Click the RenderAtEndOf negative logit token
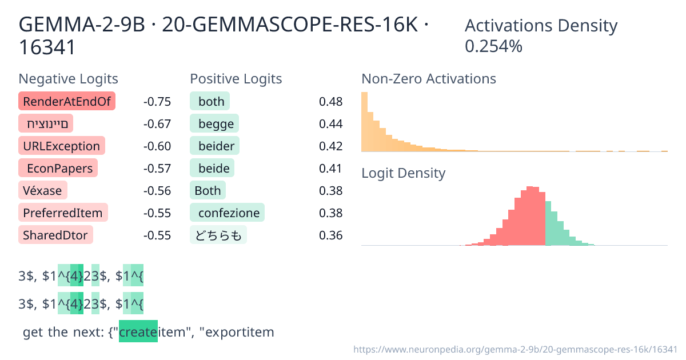click(67, 102)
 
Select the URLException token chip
click(61, 146)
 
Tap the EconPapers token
click(58, 168)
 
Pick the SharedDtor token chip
click(56, 234)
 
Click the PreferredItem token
click(63, 213)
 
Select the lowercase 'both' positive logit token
click(210, 102)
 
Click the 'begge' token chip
click(214, 123)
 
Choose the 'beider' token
click(215, 146)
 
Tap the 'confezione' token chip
click(227, 213)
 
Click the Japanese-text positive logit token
click(218, 235)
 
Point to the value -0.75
click(157, 102)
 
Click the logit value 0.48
click(330, 102)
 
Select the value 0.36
click(330, 235)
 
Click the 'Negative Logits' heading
click(69, 78)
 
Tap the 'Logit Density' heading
click(403, 173)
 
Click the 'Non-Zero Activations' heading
click(429, 78)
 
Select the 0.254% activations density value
click(493, 46)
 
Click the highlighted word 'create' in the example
click(138, 332)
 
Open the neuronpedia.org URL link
click(515, 349)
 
